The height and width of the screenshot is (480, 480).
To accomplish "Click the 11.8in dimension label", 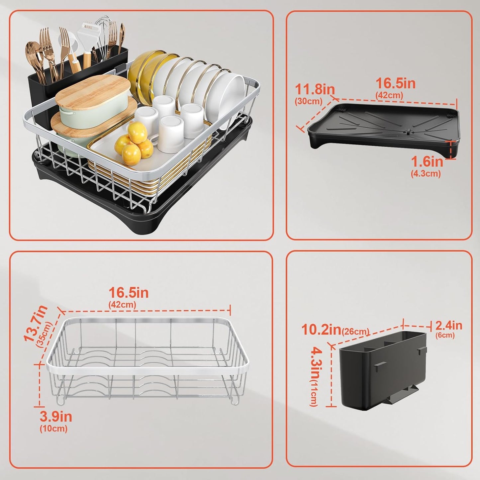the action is coord(315,89).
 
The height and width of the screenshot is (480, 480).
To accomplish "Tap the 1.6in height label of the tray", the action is coord(427,162).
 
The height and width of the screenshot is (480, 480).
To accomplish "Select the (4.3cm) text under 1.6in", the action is coord(426,173).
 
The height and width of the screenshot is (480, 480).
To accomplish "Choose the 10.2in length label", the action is coord(321,330).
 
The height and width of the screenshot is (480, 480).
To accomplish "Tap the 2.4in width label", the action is coord(449,326).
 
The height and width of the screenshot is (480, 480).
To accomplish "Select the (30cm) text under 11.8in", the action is coord(308,101).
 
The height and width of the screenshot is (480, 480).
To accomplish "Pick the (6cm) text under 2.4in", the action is coord(445,335).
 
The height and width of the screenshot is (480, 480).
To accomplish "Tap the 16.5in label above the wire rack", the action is coord(129,293).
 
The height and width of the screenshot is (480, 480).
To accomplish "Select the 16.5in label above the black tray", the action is coord(396,83).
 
